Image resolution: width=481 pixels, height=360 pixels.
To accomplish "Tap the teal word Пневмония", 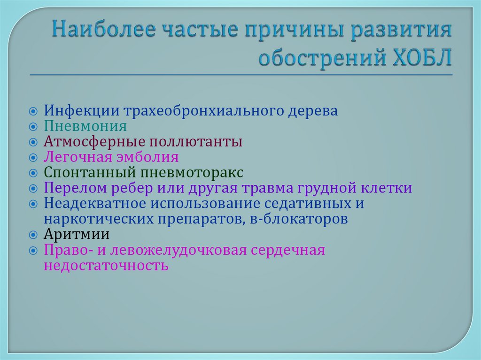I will pos(85,127).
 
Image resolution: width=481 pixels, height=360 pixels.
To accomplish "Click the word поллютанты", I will pos(196,142).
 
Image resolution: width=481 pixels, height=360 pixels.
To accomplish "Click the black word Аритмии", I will pos(77,234).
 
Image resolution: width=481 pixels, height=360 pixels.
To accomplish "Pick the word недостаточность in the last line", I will pos(106,265).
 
